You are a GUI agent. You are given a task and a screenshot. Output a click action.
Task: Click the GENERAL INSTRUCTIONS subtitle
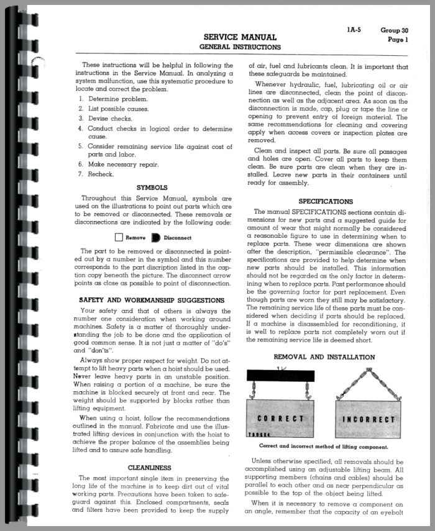pos(239,47)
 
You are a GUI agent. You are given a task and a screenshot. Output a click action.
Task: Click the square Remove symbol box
pos(119,237)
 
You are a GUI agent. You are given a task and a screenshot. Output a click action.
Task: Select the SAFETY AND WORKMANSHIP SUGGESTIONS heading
pos(152,300)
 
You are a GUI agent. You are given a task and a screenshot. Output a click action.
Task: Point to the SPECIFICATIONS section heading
pos(326,201)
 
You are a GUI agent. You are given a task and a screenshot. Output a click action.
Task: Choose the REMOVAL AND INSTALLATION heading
pos(325,357)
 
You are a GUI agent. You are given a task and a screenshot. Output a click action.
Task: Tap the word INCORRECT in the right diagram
pos(369,419)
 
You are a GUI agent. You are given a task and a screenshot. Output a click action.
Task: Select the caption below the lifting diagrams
pos(325,447)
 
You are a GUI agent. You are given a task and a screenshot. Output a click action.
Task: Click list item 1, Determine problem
pos(117,99)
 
